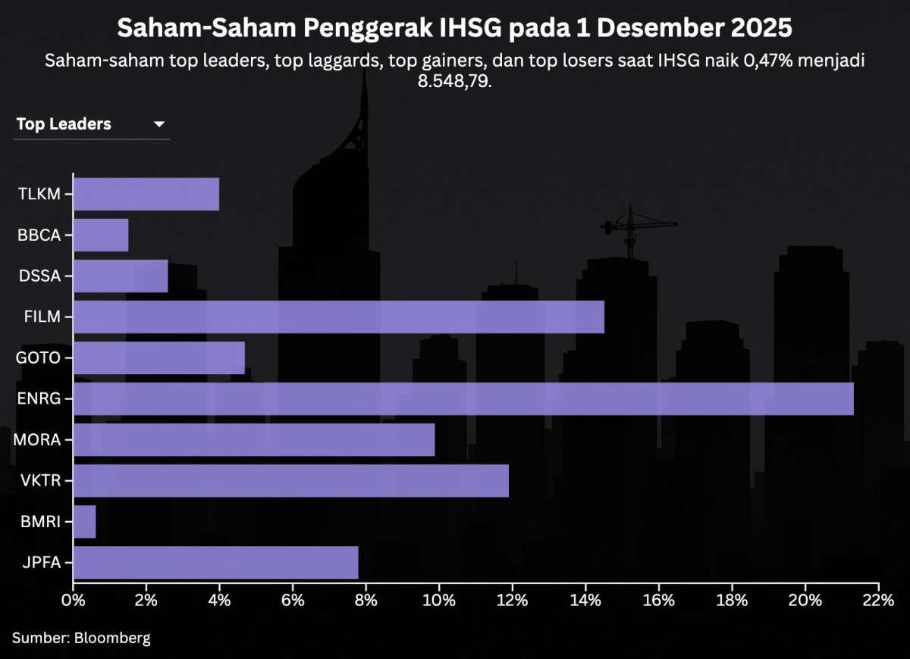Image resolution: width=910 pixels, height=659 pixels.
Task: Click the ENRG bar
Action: pyautogui.click(x=463, y=398)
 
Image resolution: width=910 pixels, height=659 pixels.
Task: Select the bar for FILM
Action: pyautogui.click(x=338, y=317)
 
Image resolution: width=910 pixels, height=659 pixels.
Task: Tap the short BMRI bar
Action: pyautogui.click(x=84, y=521)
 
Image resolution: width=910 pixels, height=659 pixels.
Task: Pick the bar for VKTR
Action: pyautogui.click(x=290, y=480)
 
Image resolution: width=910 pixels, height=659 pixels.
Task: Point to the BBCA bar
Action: pyautogui.click(x=101, y=235)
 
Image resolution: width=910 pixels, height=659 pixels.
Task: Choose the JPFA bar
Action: pyautogui.click(x=215, y=562)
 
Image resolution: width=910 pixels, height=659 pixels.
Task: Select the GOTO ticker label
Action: pyautogui.click(x=38, y=358)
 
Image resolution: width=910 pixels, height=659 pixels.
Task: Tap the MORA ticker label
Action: pyautogui.click(x=38, y=439)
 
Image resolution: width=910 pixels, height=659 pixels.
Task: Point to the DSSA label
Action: pyautogui.click(x=39, y=276)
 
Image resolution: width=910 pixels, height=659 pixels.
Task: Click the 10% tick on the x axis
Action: pyautogui.click(x=439, y=601)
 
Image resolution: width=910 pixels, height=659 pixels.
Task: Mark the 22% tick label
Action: pyautogui.click(x=877, y=601)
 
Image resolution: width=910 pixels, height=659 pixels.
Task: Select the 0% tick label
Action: pyautogui.click(x=73, y=601)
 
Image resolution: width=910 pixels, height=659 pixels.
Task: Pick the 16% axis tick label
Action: pyautogui.click(x=658, y=601)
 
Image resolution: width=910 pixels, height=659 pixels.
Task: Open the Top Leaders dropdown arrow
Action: pyautogui.click(x=159, y=124)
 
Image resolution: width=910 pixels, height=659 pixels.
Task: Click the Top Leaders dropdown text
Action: pyautogui.click(x=64, y=124)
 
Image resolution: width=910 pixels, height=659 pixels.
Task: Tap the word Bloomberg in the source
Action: pyautogui.click(x=112, y=638)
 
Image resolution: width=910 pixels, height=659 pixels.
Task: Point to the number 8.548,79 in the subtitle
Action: pyautogui.click(x=455, y=80)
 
